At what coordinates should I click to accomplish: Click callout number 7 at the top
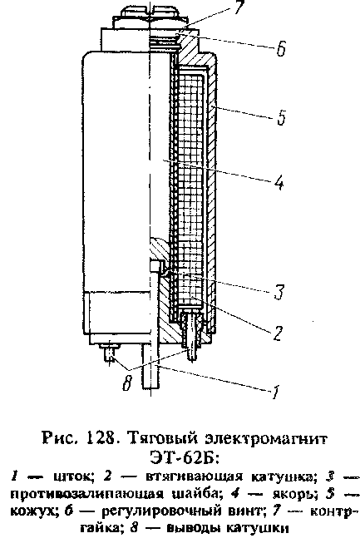(239, 7)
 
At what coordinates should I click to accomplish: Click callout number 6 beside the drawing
(281, 48)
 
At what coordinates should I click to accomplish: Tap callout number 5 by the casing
(281, 116)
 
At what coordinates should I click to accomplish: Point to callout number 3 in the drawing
(279, 292)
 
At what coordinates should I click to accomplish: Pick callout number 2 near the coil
(277, 333)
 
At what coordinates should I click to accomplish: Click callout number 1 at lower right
(275, 392)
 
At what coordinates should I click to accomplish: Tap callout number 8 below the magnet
(127, 383)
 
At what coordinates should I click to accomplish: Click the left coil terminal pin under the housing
(109, 353)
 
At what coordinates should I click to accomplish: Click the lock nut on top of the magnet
(150, 17)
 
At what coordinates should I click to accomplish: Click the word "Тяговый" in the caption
(165, 441)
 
